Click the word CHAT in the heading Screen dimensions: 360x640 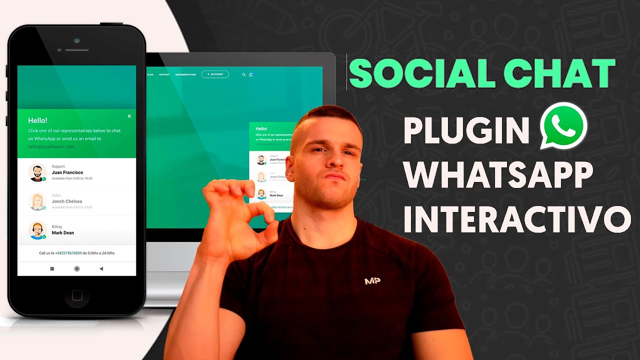coord(554,74)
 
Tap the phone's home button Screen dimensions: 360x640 coord(77,295)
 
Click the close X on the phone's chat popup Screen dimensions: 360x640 coord(129,116)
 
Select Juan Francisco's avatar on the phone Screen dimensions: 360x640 coord(37,172)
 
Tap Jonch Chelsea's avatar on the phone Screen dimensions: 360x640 coord(37,201)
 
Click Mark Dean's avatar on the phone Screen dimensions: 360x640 coord(37,230)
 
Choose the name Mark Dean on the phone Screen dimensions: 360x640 coord(63,233)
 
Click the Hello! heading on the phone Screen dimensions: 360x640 coord(37,120)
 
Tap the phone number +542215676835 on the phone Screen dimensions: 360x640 coord(68,253)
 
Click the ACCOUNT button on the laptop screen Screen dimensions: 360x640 coord(215,74)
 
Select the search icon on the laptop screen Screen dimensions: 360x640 coord(244,74)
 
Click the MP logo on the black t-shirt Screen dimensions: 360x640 coord(372,281)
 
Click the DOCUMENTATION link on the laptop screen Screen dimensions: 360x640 coord(185,74)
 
